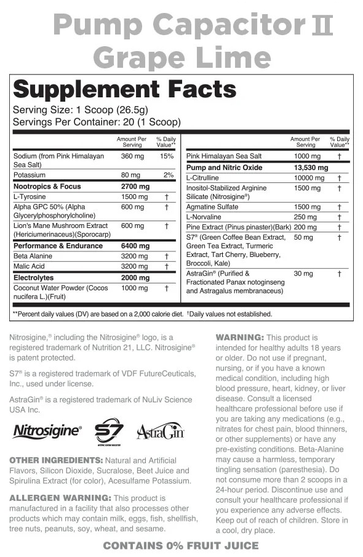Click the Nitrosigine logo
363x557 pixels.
47,430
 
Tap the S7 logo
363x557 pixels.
109,431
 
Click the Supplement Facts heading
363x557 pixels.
124,89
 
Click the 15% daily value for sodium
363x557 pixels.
167,157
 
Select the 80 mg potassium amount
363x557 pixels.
131,175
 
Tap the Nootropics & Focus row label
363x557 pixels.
47,186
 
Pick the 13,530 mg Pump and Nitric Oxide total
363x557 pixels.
309,168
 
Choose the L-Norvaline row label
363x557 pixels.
204,217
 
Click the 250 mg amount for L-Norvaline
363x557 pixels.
303,217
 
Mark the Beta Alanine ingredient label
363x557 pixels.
34,256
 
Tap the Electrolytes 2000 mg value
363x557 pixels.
135,277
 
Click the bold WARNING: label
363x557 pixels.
239,338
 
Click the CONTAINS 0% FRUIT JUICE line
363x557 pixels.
181,546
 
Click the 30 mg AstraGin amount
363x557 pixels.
303,274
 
